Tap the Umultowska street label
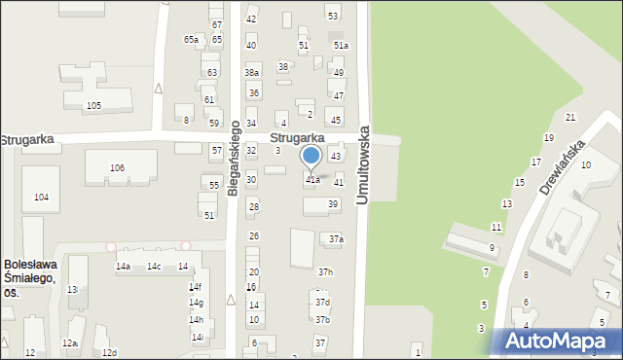point(364,163)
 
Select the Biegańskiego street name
point(234,164)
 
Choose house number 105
point(93,105)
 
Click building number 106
point(117,168)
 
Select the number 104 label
point(41,198)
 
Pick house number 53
point(333,16)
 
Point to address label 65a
point(191,40)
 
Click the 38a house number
point(252,73)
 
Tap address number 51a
point(341,46)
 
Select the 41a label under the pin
point(312,180)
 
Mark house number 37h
point(325,272)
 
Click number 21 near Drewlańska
point(570,118)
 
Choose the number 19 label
point(549,138)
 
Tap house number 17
point(535,162)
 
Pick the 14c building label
point(154,267)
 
